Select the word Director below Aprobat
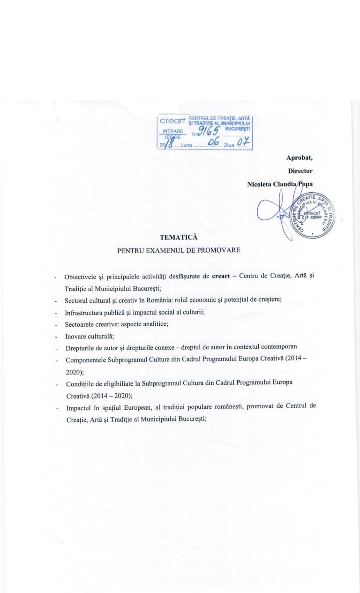tap(300, 172)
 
